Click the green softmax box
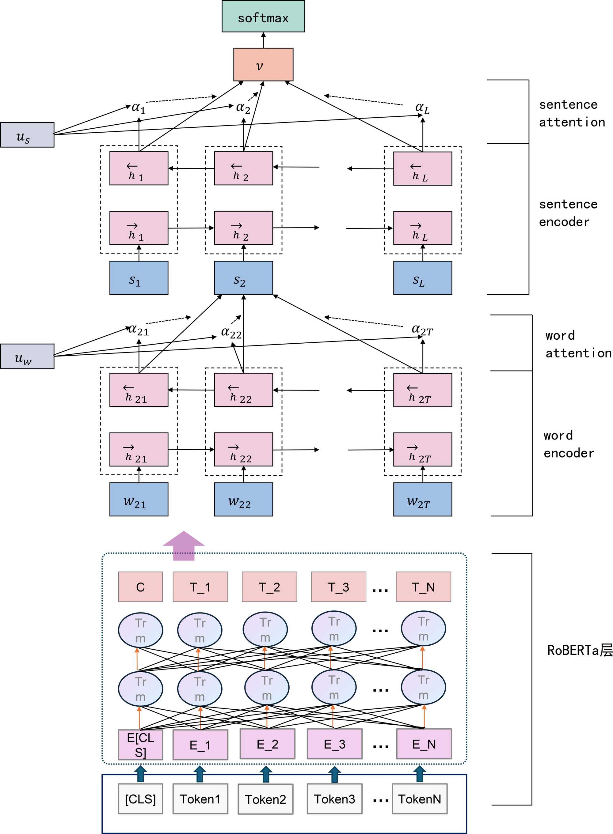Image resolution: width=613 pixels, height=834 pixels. [x=263, y=16]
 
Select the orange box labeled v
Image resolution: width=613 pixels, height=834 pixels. [x=263, y=65]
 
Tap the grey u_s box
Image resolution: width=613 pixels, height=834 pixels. [x=27, y=135]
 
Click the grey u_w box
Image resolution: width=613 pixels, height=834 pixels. [x=27, y=357]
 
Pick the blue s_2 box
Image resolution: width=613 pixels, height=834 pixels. [x=243, y=278]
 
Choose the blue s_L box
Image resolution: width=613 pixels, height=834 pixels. [x=423, y=278]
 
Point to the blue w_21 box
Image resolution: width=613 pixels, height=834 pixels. [x=139, y=500]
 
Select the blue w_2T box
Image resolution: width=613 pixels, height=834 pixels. [x=423, y=500]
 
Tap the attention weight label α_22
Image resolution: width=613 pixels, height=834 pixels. [x=231, y=332]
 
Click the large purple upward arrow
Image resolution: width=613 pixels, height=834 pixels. [x=184, y=545]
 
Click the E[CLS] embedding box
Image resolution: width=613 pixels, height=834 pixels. [x=140, y=745]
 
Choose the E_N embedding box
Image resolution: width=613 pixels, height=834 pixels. [x=424, y=744]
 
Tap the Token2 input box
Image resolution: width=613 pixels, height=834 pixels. [x=265, y=799]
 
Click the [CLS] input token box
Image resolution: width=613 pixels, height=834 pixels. [x=140, y=799]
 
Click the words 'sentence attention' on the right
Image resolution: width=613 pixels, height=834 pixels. [x=571, y=113]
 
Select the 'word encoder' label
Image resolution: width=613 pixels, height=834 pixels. [x=569, y=444]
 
